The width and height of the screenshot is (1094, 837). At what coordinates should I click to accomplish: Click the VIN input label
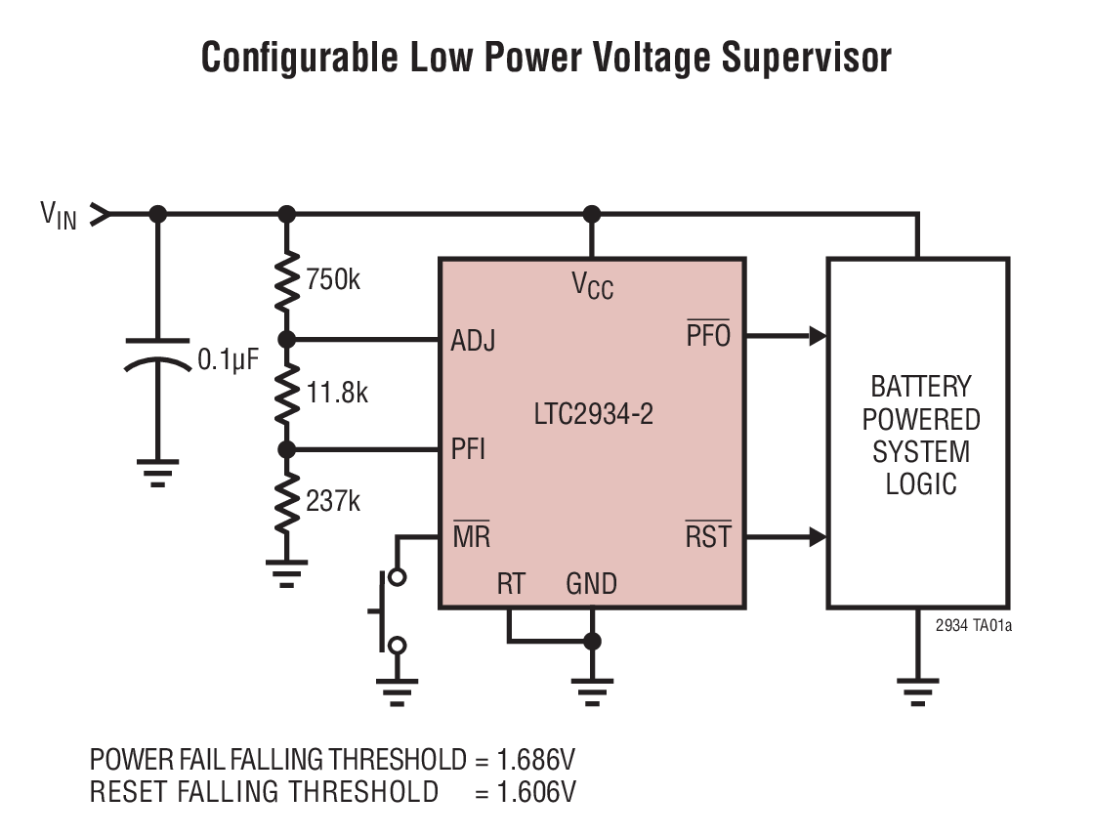click(x=58, y=214)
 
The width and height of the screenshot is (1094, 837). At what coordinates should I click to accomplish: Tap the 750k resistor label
click(x=332, y=280)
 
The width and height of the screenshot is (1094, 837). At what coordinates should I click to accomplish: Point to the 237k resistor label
click(x=332, y=502)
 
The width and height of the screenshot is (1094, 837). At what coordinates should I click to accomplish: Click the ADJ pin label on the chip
click(x=473, y=342)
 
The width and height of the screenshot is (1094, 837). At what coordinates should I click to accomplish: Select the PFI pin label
click(x=468, y=450)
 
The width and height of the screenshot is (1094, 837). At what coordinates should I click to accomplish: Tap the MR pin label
click(x=471, y=537)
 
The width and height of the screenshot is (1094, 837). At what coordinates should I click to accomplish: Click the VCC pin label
click(x=592, y=285)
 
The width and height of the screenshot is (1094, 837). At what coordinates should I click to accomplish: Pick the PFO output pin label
click(x=708, y=337)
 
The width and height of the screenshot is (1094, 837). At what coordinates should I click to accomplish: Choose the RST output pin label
click(x=707, y=537)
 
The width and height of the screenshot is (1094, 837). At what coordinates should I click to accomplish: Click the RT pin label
click(x=511, y=584)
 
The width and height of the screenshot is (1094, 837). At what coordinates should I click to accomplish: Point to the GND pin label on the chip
click(x=591, y=584)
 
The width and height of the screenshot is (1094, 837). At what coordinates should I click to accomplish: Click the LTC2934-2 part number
click(x=593, y=414)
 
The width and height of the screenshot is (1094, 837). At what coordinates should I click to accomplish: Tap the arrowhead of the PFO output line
click(x=818, y=337)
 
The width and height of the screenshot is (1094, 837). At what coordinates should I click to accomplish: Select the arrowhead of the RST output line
click(x=818, y=537)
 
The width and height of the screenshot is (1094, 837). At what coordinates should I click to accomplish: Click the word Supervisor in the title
click(x=806, y=58)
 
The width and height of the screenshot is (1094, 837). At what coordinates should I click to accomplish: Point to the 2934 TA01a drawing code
click(x=973, y=626)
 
